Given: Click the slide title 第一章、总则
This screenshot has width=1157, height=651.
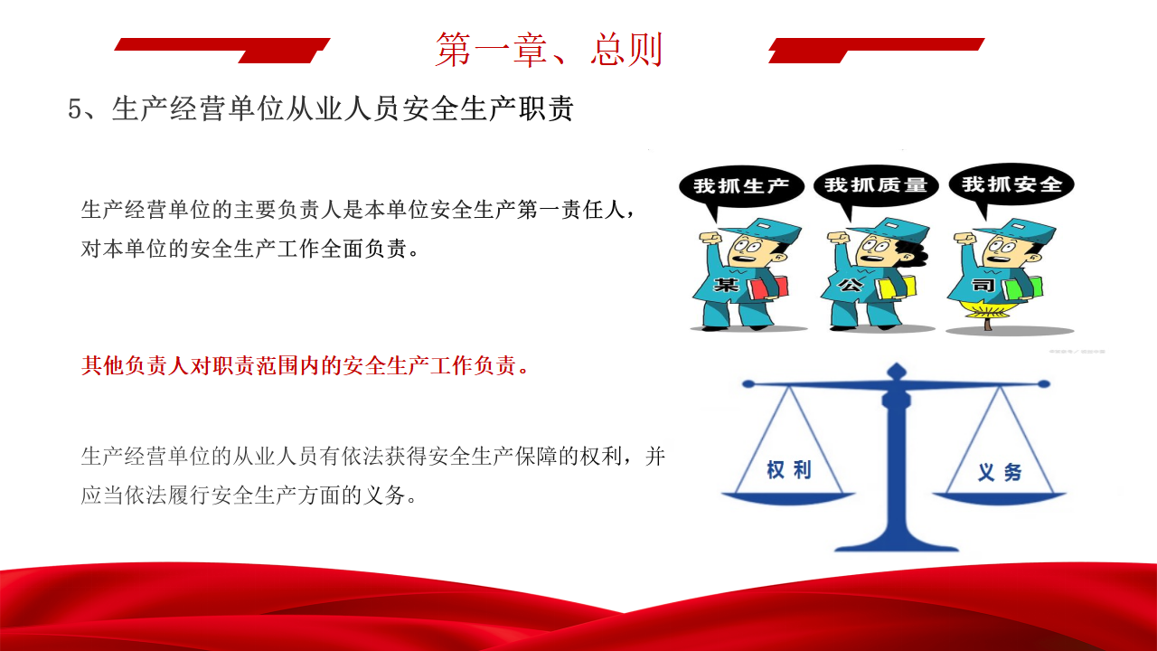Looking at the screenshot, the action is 549,50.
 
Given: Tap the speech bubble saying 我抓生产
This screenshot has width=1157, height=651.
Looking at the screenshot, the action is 741,186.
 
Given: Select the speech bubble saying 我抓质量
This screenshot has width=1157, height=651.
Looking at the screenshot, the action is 876,185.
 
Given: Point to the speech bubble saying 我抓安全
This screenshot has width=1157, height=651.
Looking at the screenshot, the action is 1011,184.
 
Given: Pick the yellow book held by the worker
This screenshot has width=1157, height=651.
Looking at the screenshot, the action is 896,288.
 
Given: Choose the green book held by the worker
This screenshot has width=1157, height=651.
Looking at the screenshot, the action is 1024,288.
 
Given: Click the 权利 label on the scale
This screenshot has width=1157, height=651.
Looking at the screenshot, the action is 789,469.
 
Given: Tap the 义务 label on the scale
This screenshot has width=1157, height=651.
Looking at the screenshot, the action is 1000,472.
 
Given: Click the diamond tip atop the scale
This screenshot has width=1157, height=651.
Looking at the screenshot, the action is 897,371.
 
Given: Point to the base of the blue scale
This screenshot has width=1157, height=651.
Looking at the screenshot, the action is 897,542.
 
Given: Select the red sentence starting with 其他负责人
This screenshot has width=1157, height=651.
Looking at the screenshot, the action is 305,366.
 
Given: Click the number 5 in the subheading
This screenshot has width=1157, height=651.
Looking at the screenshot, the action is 75,109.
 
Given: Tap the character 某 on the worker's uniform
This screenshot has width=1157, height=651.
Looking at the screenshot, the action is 726,284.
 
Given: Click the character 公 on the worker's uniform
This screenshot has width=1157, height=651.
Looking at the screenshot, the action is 850,284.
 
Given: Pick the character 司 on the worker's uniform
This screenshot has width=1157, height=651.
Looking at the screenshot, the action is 983,284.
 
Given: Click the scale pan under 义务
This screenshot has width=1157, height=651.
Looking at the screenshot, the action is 1000,498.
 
